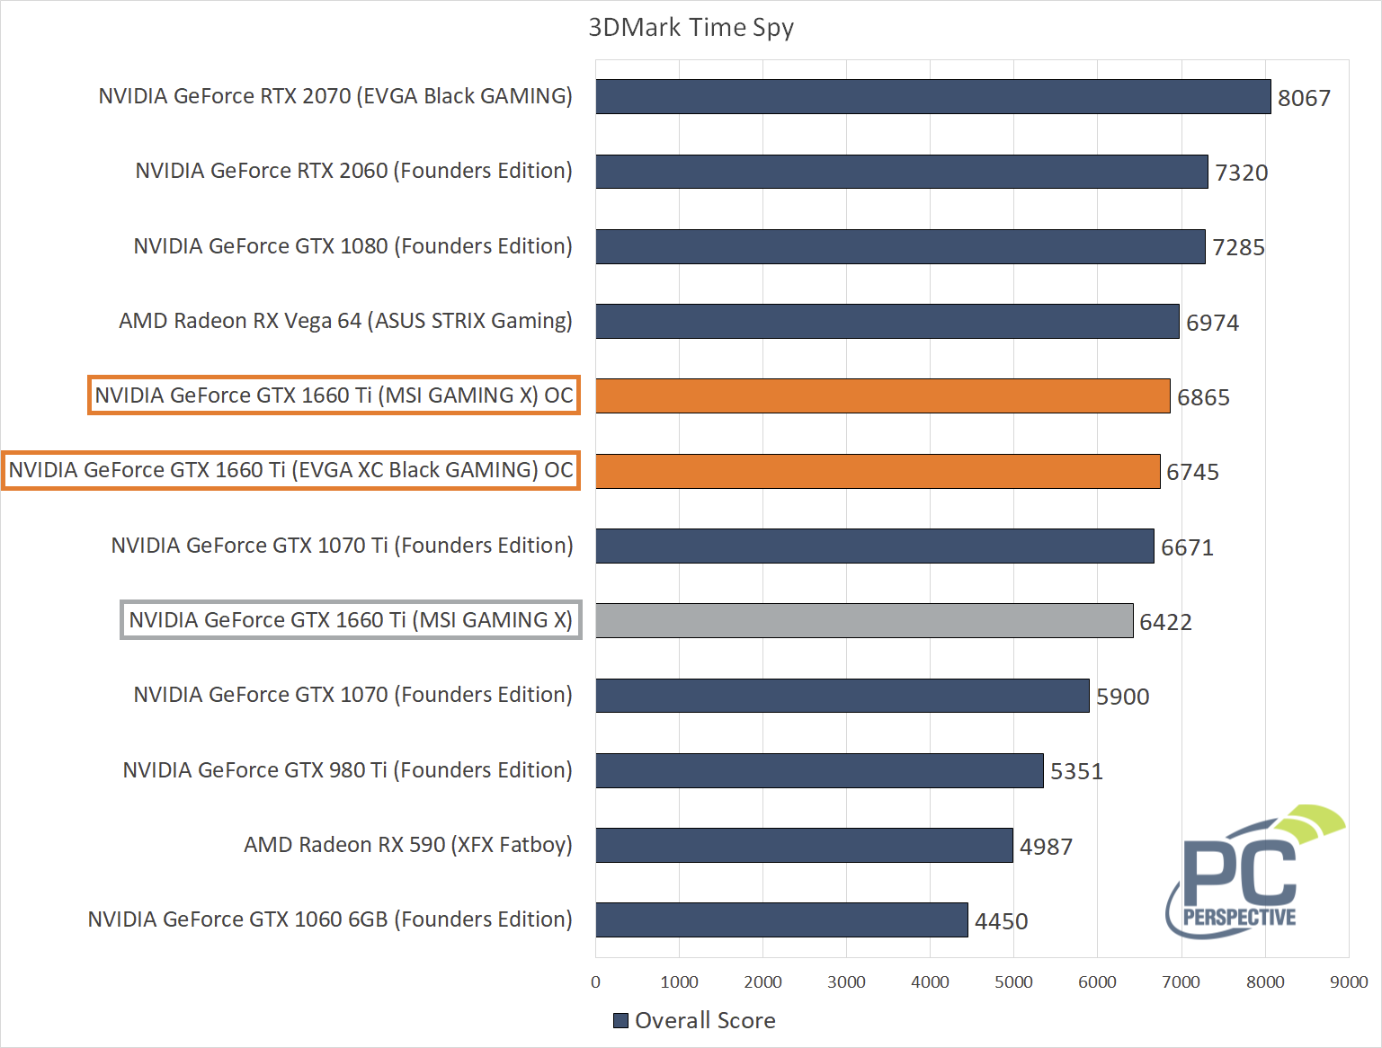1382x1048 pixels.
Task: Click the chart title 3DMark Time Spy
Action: pos(691,28)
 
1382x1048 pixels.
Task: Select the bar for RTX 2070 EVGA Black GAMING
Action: pos(932,97)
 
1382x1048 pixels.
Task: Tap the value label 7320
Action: pos(1241,173)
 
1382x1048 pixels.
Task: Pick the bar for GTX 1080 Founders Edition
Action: pos(900,247)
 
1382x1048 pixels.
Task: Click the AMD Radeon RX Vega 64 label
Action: pos(345,321)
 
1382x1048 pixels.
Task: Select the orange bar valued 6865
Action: pos(882,396)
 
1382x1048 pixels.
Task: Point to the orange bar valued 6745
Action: pos(878,472)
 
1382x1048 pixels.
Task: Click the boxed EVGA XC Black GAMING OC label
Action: pos(290,470)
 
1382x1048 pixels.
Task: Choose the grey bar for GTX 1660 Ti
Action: pos(864,621)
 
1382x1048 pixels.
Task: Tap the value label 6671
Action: pos(1187,547)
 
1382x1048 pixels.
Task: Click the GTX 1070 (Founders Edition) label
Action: pos(352,695)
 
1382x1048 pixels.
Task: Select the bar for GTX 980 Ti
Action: pos(819,771)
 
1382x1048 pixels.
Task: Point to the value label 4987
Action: pos(1046,847)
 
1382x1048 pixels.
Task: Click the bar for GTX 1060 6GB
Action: pos(781,920)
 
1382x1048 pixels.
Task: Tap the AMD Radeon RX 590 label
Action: pos(407,845)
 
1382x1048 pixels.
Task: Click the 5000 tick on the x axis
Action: pos(1013,982)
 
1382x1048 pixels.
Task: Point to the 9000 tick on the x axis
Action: pos(1348,982)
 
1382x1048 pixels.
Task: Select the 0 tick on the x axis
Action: pos(595,982)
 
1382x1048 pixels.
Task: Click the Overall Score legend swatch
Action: pos(620,1021)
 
